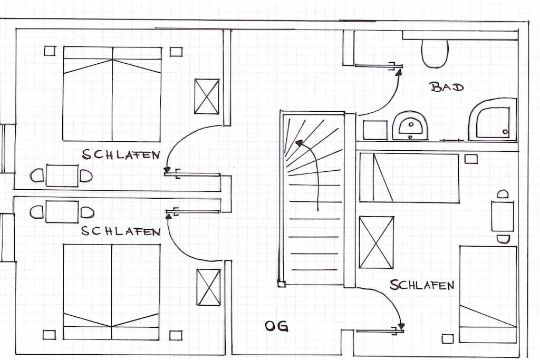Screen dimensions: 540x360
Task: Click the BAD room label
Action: tap(447, 86)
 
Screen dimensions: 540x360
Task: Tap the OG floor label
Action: tap(276, 326)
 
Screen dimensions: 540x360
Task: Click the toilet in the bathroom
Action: tap(435, 53)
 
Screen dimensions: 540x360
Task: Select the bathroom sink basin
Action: tap(410, 125)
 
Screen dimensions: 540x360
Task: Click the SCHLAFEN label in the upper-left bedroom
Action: tap(121, 154)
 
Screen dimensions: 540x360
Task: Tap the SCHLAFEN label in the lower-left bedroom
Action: tap(121, 231)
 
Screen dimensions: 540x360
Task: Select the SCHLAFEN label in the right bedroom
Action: tap(422, 285)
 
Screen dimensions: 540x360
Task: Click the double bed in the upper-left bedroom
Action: tap(112, 94)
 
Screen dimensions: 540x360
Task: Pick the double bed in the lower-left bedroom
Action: tap(112, 292)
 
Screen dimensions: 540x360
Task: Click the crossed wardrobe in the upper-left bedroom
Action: tap(207, 96)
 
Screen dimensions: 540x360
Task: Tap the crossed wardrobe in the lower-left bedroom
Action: tap(208, 287)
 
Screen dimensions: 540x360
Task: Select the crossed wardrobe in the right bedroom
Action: tap(377, 242)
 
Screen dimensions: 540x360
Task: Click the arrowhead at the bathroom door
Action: tap(399, 72)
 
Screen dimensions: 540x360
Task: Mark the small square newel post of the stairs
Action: tap(282, 284)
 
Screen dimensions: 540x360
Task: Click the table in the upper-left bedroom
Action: tap(62, 176)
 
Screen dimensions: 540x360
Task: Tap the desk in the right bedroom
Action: tap(503, 216)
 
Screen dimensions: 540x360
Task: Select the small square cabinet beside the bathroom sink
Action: tap(375, 130)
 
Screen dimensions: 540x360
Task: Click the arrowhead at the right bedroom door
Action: tap(401, 326)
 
